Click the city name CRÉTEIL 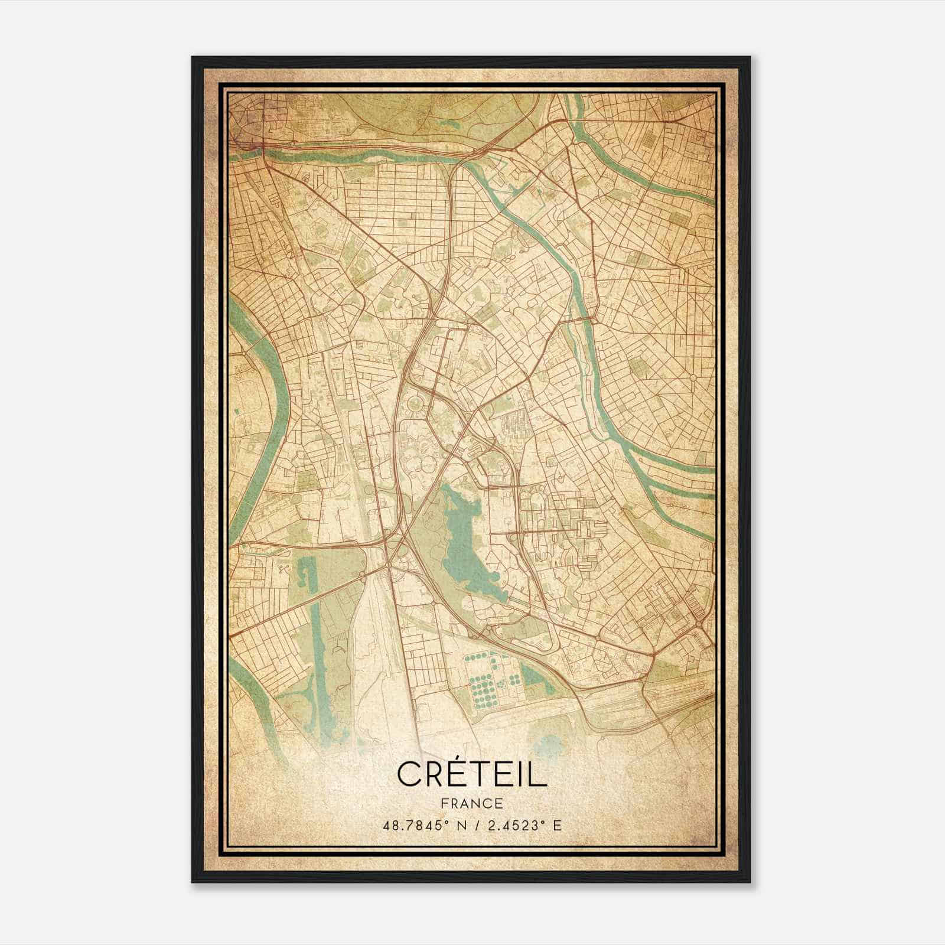coord(472,774)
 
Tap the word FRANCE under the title coord(472,803)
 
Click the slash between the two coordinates coord(476,825)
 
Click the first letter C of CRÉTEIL coord(409,774)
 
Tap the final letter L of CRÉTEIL coord(539,774)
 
